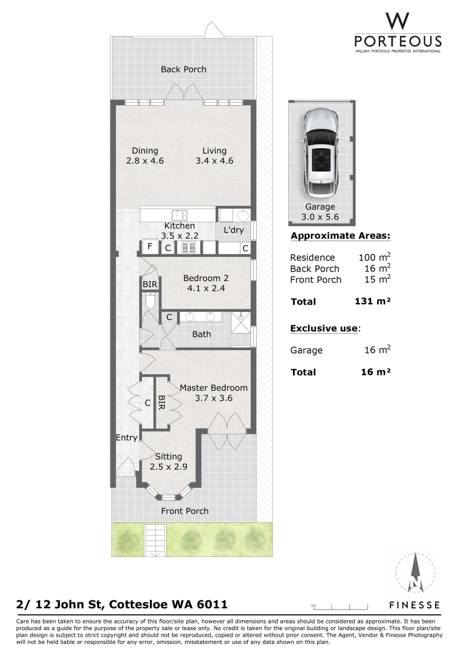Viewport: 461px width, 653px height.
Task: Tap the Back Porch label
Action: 183,70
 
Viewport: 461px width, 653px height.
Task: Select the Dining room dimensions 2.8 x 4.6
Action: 145,161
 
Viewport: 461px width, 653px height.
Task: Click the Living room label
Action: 214,151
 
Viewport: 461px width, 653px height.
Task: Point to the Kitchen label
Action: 180,226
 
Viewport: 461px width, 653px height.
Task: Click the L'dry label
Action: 233,230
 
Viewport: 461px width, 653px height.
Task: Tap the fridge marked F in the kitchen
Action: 149,247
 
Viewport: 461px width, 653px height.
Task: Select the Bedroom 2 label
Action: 206,278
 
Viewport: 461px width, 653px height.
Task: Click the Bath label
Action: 201,334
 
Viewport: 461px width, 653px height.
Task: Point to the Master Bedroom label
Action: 213,388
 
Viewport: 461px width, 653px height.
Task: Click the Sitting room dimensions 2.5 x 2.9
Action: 169,467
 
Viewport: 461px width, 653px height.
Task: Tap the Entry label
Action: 126,438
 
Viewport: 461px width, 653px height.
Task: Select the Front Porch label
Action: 184,511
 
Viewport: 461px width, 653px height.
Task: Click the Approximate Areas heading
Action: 340,236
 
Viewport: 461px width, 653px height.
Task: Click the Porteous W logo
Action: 397,22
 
